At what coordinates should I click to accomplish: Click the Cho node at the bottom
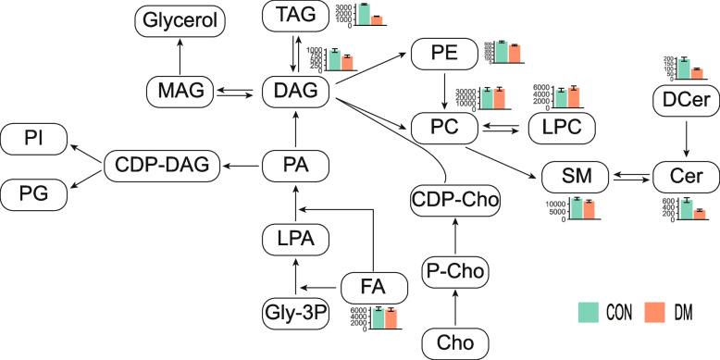pos(454,342)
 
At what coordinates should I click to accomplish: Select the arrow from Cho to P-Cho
pos(454,307)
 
